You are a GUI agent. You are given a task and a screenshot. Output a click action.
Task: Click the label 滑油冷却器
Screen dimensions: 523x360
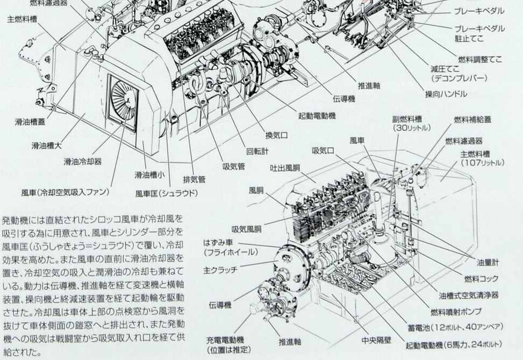[x=83, y=162]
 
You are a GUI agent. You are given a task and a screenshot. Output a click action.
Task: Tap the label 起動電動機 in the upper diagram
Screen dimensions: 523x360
[x=317, y=116]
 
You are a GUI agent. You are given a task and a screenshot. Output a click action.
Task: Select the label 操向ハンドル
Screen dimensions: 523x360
[x=446, y=94]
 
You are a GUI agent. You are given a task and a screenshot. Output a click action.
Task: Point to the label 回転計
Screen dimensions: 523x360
[x=257, y=152]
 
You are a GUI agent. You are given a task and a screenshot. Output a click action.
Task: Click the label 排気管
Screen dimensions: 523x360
[x=194, y=179]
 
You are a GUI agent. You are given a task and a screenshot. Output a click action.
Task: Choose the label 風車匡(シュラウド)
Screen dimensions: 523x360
[x=167, y=193]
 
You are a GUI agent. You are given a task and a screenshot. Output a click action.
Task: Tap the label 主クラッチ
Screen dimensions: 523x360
[x=220, y=270]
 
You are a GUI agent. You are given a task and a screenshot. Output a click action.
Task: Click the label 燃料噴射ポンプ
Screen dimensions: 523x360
[x=456, y=312]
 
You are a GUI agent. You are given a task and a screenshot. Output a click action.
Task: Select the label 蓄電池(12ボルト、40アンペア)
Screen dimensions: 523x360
[x=455, y=327]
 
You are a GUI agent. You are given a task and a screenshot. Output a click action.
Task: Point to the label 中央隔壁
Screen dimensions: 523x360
[x=376, y=340]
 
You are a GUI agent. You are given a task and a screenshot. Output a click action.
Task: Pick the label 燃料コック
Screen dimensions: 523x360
[x=481, y=278]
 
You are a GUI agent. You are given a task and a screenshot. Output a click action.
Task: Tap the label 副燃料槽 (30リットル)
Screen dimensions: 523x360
[x=412, y=124]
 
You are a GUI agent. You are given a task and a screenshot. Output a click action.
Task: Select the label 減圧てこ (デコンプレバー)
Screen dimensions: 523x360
[x=458, y=74]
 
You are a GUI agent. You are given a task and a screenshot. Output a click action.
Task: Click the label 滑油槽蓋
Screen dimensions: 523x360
[x=30, y=121]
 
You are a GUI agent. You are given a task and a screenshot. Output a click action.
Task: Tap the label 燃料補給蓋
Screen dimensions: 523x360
[x=472, y=119]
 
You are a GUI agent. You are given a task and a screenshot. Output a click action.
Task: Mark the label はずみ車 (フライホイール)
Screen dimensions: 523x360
[x=231, y=247]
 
